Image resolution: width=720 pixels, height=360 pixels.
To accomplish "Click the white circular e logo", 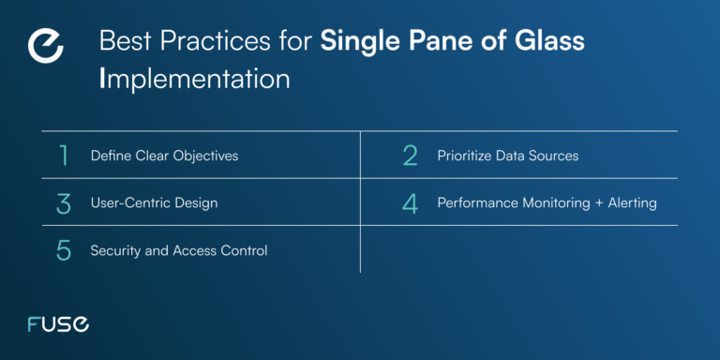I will tap(47, 47).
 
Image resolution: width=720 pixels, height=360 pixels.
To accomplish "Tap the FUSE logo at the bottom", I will tap(58, 324).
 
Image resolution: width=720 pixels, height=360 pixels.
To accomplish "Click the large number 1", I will tap(64, 156).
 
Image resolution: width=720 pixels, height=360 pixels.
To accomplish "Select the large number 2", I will tap(410, 156).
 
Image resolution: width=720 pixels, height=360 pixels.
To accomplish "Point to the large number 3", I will tap(64, 202).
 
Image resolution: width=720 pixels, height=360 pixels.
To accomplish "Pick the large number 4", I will tap(410, 202).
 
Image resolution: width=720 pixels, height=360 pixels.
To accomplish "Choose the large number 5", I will tap(64, 250).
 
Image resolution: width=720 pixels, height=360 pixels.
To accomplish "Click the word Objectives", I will tap(206, 156).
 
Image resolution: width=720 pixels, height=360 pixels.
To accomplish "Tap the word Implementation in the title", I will tap(194, 78).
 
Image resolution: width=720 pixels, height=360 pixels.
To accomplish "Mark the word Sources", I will tap(554, 156).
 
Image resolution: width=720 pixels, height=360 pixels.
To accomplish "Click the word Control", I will tap(244, 250).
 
